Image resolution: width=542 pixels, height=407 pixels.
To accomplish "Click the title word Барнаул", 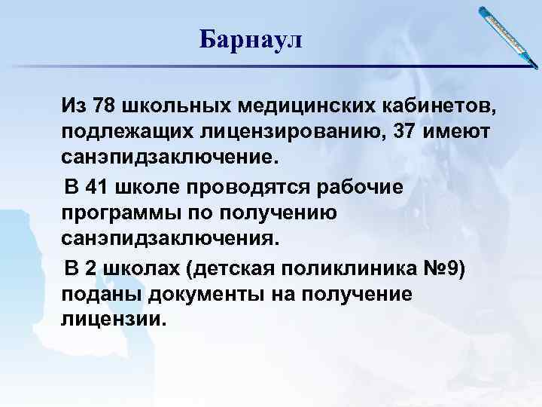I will click(x=250, y=38).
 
